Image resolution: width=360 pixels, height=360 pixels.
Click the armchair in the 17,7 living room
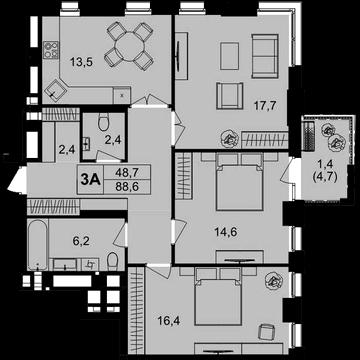(x=229, y=95)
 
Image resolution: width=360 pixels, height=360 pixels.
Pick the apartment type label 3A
(x=92, y=179)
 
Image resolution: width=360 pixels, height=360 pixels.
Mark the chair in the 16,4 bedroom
(x=271, y=330)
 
